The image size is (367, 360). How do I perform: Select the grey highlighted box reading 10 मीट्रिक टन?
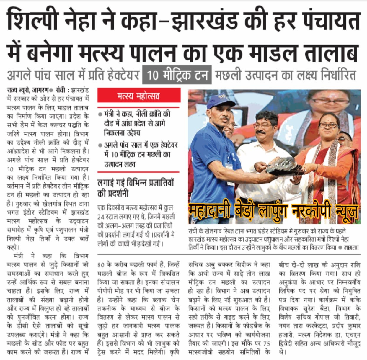point(177,75)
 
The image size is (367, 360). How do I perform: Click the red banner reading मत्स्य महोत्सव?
point(139,96)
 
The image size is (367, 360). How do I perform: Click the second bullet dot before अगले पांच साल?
point(100,145)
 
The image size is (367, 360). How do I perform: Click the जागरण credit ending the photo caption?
point(351,248)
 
